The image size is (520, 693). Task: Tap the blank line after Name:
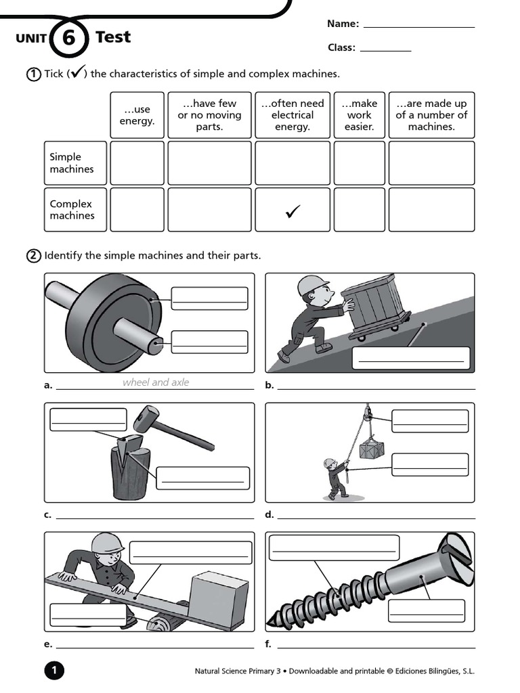[418, 26]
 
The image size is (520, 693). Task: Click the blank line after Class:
[385, 49]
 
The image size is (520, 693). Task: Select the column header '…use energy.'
[137, 115]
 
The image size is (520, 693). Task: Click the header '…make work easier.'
[359, 115]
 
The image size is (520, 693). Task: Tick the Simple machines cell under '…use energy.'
[137, 163]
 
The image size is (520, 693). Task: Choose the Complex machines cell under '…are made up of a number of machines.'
[431, 210]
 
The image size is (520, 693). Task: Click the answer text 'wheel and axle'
[156, 382]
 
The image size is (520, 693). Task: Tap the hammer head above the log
[145, 418]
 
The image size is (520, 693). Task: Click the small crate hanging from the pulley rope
[372, 449]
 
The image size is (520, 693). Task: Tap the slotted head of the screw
[457, 557]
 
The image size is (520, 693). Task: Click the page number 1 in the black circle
[54, 671]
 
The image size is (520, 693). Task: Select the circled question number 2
[33, 256]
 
